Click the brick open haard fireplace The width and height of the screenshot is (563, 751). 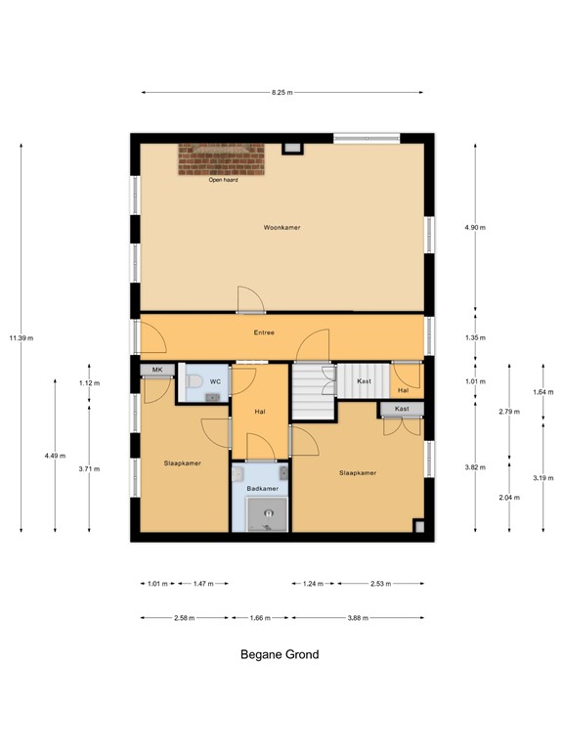[221, 159]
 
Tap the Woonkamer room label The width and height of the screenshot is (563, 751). [281, 228]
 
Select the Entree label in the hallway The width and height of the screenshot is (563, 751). [264, 332]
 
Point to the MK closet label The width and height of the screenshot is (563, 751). [156, 370]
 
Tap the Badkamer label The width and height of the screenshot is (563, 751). [261, 488]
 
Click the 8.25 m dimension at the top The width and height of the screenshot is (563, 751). [282, 92]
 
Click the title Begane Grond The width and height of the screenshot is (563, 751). [280, 655]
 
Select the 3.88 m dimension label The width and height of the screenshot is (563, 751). [358, 618]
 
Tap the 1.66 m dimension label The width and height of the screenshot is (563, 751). [261, 618]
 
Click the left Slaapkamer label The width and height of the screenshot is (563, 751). [182, 464]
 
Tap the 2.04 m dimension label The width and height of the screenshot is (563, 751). [509, 498]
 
